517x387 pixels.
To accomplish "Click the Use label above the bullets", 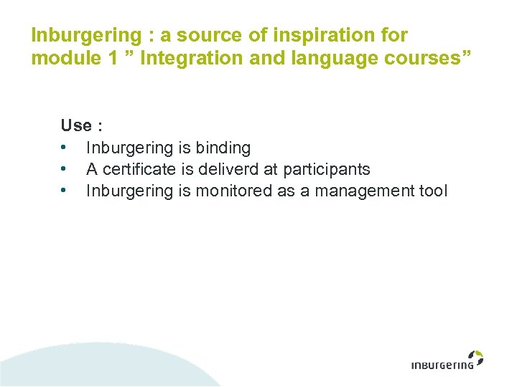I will [76, 126].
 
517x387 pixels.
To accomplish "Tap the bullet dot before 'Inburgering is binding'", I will [64, 148].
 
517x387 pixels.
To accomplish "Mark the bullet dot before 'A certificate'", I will [64, 170].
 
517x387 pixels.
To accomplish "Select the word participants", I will [327, 170].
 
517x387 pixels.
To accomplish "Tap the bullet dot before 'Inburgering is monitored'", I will [64, 191].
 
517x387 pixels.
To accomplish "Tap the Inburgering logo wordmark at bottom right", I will [442, 365].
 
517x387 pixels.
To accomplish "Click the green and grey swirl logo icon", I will [475, 357].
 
